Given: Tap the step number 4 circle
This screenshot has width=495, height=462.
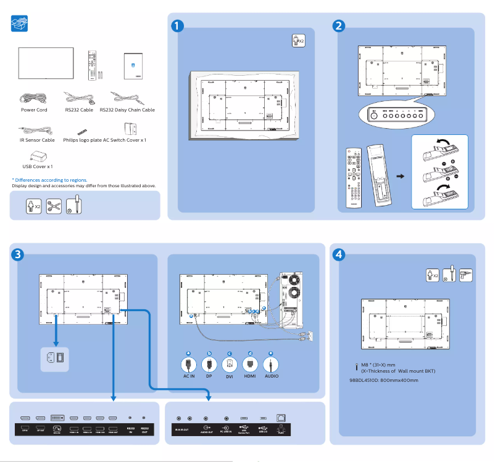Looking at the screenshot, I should pos(338,254).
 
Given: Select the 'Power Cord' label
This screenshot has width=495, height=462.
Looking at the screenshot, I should pos(34,110).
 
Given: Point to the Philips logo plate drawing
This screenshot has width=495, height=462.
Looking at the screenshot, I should pos(82,132).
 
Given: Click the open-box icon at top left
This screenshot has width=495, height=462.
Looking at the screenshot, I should pos(20,24).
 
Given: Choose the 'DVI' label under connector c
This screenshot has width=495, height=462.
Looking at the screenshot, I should pos(230,376).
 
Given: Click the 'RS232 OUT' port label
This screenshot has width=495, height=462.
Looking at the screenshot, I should pos(144,430).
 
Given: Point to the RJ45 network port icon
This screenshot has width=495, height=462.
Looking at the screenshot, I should pos(281,418).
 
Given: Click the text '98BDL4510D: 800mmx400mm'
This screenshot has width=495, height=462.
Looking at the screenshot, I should pos(384,380).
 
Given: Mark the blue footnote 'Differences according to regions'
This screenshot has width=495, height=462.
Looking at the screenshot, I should pos(49,180).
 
